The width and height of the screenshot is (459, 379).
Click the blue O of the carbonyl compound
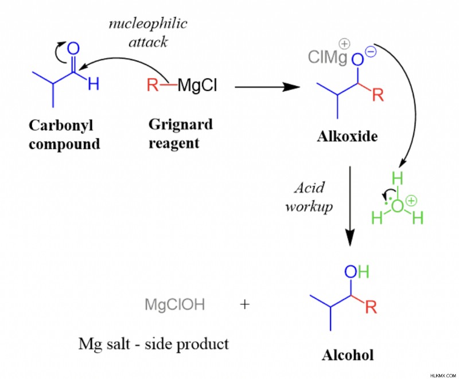click(x=73, y=48)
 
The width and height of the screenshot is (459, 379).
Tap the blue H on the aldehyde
click(x=94, y=84)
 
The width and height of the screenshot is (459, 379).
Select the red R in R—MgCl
click(x=153, y=85)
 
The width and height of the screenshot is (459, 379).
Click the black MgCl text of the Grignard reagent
click(x=197, y=85)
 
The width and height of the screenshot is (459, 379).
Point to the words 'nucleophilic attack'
click(x=148, y=33)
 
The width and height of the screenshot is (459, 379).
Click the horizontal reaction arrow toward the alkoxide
click(x=267, y=87)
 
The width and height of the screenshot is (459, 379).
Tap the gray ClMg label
click(x=328, y=57)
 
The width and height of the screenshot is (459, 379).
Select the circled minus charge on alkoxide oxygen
click(x=371, y=53)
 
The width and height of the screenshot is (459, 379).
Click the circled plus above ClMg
click(x=345, y=44)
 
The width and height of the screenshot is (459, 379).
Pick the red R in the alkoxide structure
click(x=378, y=95)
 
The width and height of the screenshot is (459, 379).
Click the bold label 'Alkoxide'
click(x=347, y=136)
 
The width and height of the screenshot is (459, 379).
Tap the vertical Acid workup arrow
click(x=350, y=206)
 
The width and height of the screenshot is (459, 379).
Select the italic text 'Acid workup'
click(x=309, y=197)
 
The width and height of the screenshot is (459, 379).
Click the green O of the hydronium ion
click(x=397, y=206)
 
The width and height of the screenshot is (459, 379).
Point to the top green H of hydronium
click(x=398, y=178)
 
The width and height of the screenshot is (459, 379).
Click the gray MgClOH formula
click(x=175, y=304)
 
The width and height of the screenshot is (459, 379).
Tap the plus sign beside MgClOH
click(x=245, y=304)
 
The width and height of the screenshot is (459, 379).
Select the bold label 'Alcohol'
click(x=348, y=355)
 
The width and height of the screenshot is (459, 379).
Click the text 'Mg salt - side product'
click(x=153, y=344)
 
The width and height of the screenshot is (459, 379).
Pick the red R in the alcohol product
click(x=371, y=307)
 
